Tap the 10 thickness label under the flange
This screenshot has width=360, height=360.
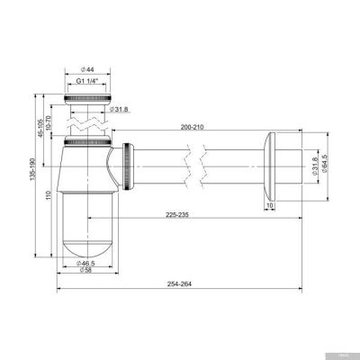[x=270, y=206]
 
